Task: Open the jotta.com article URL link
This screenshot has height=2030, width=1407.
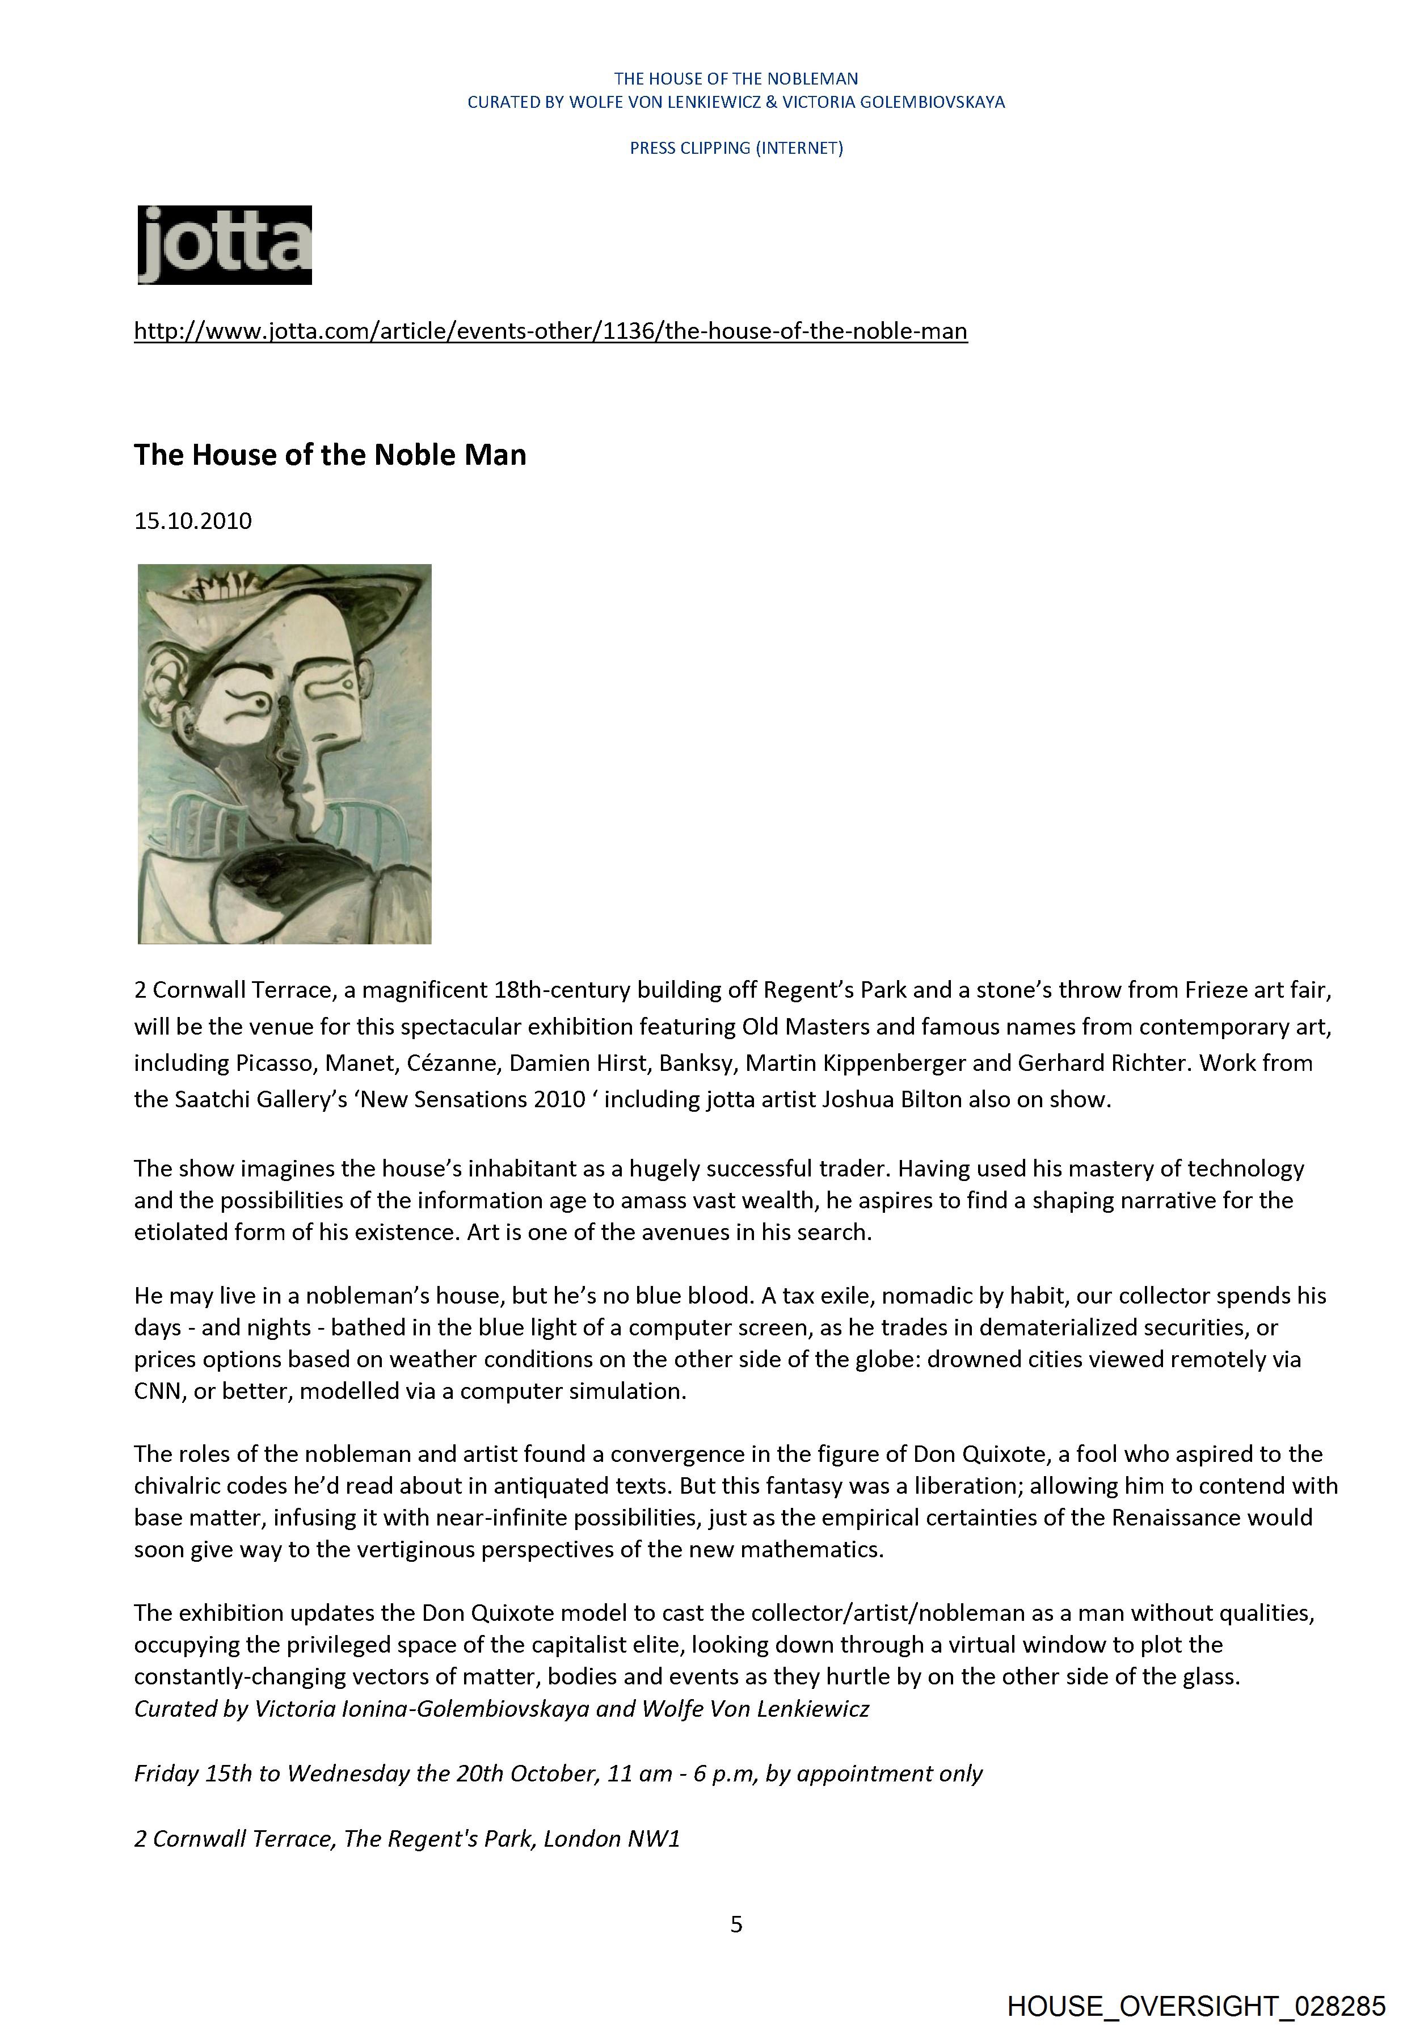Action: click(550, 331)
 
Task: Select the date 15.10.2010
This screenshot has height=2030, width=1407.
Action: click(193, 521)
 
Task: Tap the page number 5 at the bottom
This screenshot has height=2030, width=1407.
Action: click(736, 1924)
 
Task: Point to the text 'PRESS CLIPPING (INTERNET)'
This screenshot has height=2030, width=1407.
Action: click(736, 148)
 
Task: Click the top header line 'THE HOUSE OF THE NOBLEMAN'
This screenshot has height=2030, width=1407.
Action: click(736, 78)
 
